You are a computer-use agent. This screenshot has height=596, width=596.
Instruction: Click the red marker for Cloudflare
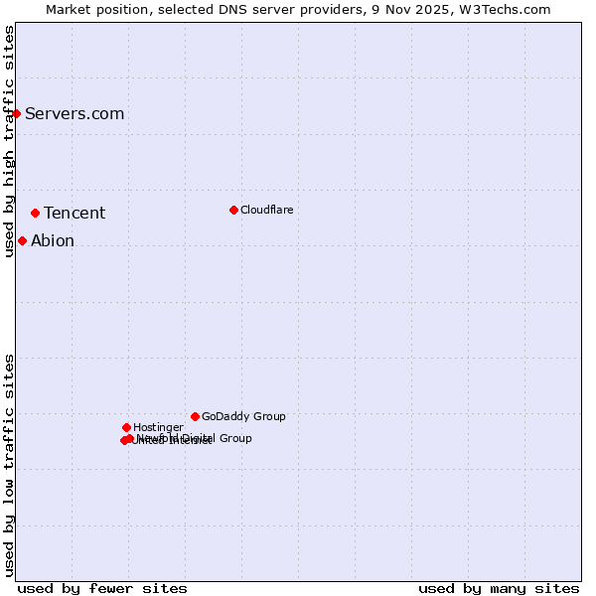pyautogui.click(x=233, y=210)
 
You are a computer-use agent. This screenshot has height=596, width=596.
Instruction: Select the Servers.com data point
pyautogui.click(x=16, y=113)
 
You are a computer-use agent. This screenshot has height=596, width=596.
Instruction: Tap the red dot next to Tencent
pyautogui.click(x=35, y=213)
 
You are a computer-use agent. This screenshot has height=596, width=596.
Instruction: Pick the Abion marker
pyautogui.click(x=22, y=240)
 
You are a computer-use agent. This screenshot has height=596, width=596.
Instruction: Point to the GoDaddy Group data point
pyautogui.click(x=195, y=416)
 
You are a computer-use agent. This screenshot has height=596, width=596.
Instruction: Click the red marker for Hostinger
pyautogui.click(x=126, y=427)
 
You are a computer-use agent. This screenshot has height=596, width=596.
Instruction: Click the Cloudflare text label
pyautogui.click(x=266, y=210)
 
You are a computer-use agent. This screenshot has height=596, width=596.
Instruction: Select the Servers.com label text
pyautogui.click(x=74, y=113)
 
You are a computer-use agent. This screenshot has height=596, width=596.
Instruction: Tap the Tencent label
pyautogui.click(x=74, y=213)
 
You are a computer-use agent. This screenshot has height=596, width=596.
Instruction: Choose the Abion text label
pyautogui.click(x=53, y=240)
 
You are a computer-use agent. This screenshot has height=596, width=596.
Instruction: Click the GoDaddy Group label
pyautogui.click(x=243, y=416)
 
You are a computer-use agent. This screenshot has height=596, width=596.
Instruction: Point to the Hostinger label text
pyautogui.click(x=158, y=427)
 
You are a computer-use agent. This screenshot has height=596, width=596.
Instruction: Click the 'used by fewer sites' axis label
pyautogui.click(x=102, y=588)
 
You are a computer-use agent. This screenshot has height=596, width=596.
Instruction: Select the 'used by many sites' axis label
pyautogui.click(x=499, y=588)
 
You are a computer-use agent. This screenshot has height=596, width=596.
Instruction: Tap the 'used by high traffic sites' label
pyautogui.click(x=9, y=141)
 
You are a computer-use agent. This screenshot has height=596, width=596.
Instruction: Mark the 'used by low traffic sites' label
pyautogui.click(x=9, y=465)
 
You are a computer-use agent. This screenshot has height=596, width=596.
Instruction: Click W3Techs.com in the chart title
pyautogui.click(x=505, y=9)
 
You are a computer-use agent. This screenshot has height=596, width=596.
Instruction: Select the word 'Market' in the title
pyautogui.click(x=70, y=9)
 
